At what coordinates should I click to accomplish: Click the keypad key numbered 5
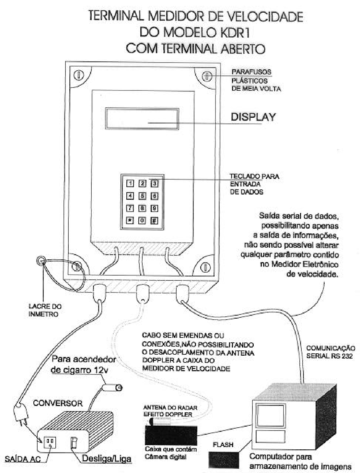(x=142, y=196)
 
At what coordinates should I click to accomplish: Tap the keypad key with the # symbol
(x=154, y=220)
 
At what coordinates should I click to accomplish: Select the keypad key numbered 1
(x=130, y=183)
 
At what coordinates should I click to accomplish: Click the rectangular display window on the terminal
(x=142, y=119)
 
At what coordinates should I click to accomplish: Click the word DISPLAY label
(x=253, y=117)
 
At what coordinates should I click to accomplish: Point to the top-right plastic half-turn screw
(x=207, y=76)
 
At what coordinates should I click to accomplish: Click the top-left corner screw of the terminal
(x=79, y=75)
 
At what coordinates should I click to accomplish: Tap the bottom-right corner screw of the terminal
(x=205, y=267)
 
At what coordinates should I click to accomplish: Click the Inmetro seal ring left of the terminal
(x=41, y=261)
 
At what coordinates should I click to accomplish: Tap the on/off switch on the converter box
(x=74, y=443)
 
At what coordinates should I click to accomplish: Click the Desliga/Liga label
(x=107, y=458)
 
